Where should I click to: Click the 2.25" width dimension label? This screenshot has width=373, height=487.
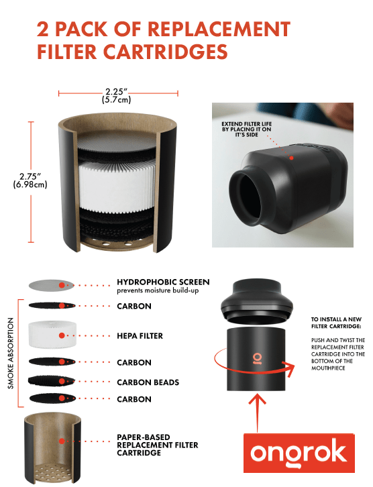pos(117,95)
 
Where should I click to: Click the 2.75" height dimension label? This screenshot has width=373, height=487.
pos(30,180)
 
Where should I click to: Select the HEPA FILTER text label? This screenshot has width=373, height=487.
pos(140,336)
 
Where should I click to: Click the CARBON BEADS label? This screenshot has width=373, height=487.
pos(148,382)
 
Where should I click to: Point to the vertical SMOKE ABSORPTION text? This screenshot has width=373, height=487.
pos(11,353)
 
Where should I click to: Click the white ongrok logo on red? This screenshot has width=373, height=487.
pos(299,453)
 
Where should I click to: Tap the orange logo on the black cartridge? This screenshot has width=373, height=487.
pos(256,358)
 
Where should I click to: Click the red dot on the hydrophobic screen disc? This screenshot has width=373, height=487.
pos(62,285)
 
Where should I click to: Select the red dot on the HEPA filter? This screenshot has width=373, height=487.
pos(62,335)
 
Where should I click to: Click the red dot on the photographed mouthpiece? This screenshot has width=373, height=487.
pos(291,158)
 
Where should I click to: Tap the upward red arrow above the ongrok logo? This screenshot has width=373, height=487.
pos(257,413)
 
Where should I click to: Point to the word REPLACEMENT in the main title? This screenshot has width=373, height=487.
pos(219,30)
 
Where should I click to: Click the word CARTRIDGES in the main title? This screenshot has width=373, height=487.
pos(166,52)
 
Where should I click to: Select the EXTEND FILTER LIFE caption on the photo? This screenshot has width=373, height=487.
pos(247,129)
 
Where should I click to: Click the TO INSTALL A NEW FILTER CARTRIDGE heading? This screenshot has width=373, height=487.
pos(336,323)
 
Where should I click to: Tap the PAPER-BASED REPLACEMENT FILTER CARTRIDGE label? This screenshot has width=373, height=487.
pos(158,445)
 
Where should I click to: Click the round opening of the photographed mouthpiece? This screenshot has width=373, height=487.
pos(246,197)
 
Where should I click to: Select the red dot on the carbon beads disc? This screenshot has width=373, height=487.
pos(62,381)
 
